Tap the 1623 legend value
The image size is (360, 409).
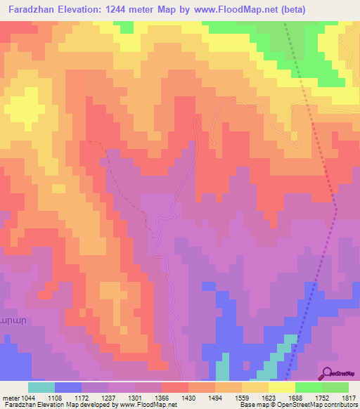268,397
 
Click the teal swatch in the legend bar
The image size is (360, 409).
41,387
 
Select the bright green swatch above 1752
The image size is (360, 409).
309,387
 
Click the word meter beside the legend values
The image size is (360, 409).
8,397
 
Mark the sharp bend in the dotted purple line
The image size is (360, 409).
336,209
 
